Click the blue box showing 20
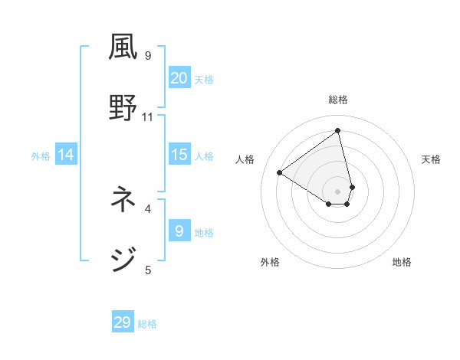(x=179, y=78)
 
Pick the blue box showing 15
(x=179, y=155)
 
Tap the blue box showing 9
(x=179, y=231)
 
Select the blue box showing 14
(x=66, y=155)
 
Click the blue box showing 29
(x=123, y=322)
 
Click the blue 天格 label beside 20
(x=204, y=80)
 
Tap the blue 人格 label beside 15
(x=204, y=156)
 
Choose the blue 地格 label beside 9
(x=204, y=233)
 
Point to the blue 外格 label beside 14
(x=41, y=156)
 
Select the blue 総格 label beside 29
(x=147, y=324)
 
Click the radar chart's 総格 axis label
(x=338, y=100)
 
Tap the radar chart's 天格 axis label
(x=431, y=159)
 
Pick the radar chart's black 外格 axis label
(x=270, y=262)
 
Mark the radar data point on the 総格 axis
(x=337, y=131)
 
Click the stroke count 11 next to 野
(x=148, y=116)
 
